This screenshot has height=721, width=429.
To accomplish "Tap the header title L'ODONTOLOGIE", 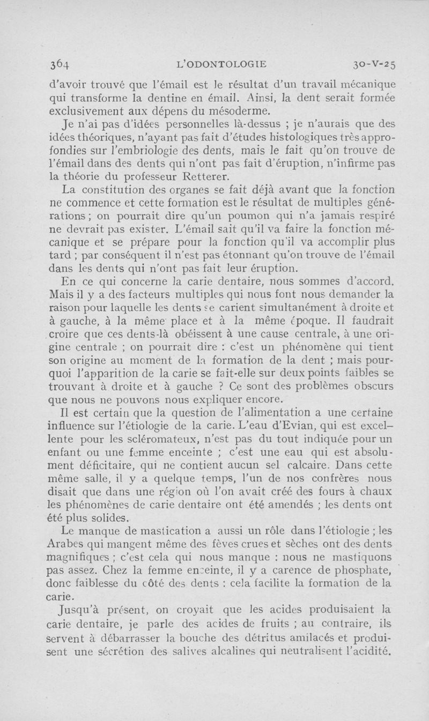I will point(221,64).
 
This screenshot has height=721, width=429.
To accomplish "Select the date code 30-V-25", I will point(374,65).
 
